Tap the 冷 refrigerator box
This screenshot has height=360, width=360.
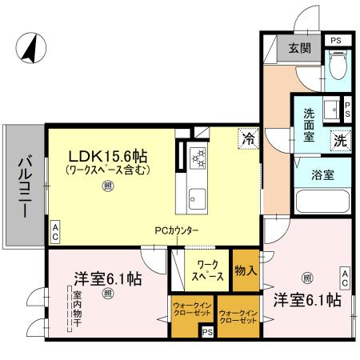[249, 138]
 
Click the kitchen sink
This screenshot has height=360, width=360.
[198, 197]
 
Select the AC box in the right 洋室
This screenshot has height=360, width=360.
[346, 278]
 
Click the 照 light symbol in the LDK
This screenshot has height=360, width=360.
[107, 186]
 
